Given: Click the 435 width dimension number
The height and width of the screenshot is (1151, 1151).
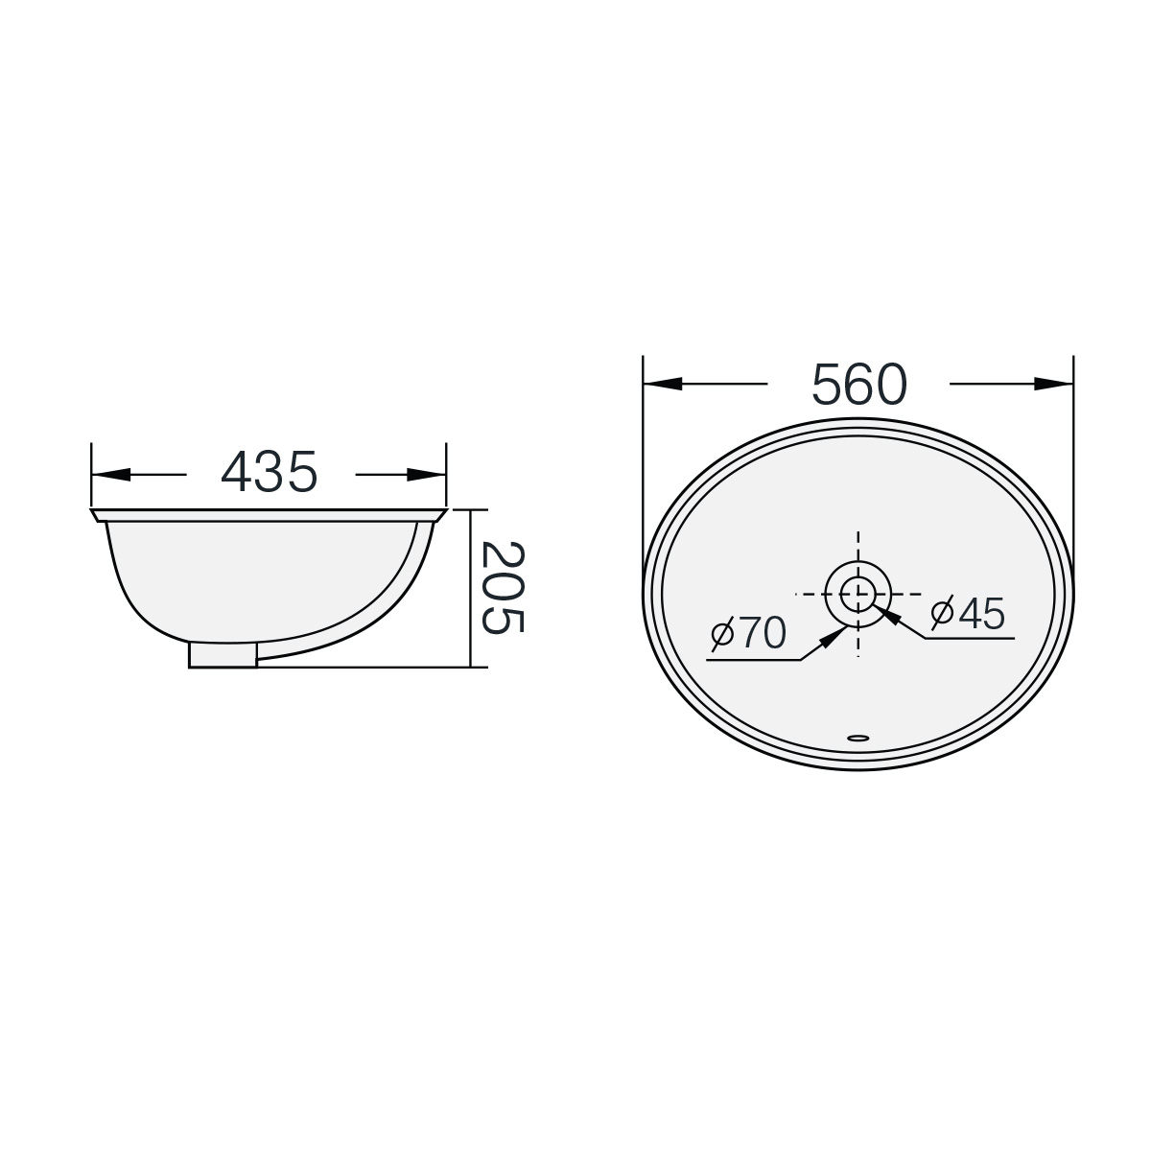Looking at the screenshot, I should (x=269, y=472).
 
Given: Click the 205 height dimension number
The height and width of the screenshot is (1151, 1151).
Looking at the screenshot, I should (x=503, y=586).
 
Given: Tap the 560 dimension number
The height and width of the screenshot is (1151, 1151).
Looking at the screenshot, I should (x=858, y=385).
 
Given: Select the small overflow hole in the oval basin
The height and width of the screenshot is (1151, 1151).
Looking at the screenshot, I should (x=858, y=739).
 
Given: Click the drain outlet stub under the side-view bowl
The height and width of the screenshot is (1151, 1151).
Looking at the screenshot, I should (x=223, y=655).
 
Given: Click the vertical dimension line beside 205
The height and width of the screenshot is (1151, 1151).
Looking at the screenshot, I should (x=470, y=587).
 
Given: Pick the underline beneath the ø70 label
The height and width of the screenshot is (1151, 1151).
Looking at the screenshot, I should (x=754, y=660).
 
